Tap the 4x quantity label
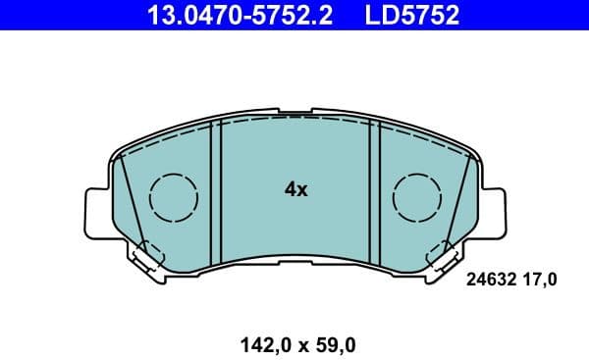point(295,190)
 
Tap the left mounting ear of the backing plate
point(99,210)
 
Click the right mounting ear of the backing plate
point(491,210)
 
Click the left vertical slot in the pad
point(218,191)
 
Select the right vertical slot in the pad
point(374,191)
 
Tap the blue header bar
point(294,15)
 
